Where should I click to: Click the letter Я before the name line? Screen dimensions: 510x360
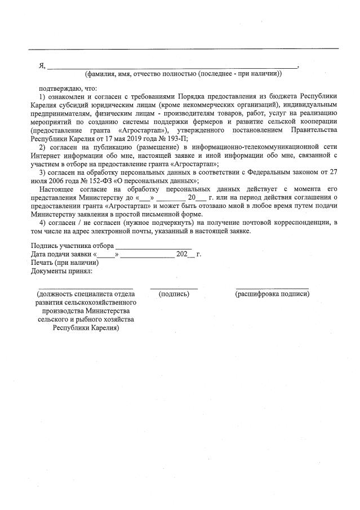coord(42,66)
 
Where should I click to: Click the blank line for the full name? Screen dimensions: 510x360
coord(172,68)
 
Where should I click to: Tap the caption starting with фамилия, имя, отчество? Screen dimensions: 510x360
coord(183,74)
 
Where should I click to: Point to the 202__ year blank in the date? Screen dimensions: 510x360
coord(185,255)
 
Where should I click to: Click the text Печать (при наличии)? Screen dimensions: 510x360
coord(65,263)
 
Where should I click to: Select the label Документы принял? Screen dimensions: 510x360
coord(61,270)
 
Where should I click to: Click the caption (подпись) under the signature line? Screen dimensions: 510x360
coord(174,294)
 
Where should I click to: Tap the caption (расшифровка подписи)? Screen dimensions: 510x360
coord(272,294)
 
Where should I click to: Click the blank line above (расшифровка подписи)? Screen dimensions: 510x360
coord(272,288)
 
